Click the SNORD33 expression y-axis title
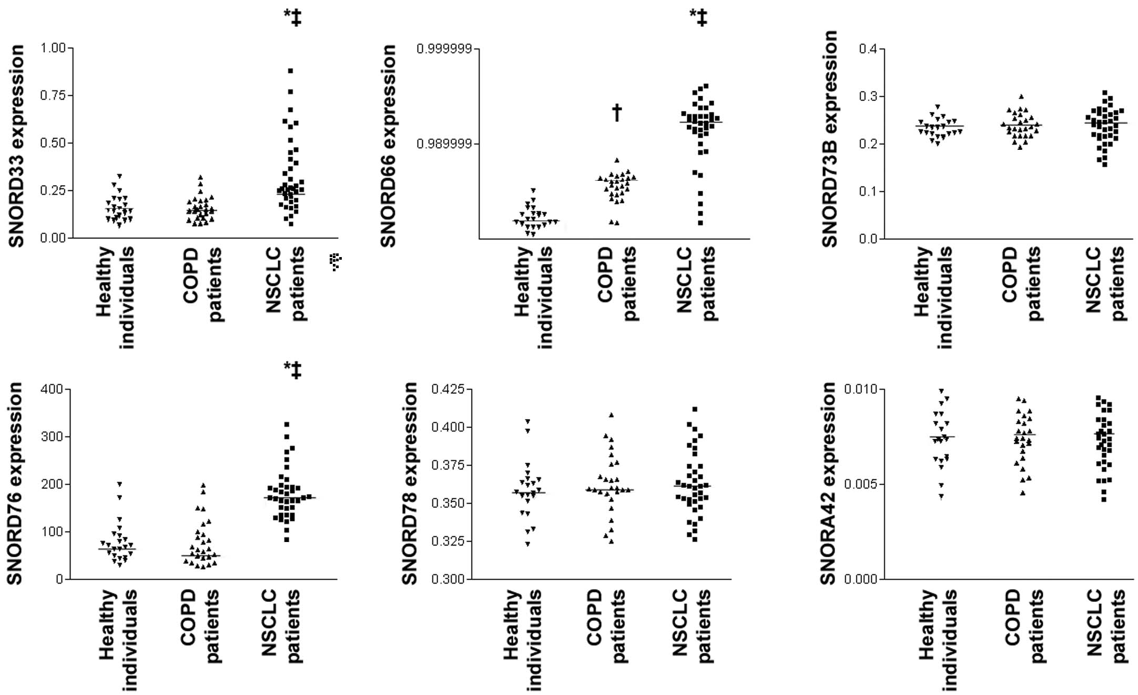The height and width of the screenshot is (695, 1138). [x=16, y=146]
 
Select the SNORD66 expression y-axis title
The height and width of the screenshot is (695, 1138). [x=388, y=146]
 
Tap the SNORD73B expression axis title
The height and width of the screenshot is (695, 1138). [x=829, y=139]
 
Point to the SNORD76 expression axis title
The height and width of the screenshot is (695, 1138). [x=14, y=483]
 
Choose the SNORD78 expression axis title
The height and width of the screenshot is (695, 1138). [x=409, y=483]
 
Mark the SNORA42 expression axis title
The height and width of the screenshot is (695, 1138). [x=828, y=483]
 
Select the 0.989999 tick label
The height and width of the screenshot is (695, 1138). [x=444, y=144]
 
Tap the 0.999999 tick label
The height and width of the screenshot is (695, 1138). [x=444, y=49]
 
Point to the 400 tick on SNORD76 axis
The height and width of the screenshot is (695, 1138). [x=52, y=389]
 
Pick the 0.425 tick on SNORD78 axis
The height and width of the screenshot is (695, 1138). [x=448, y=389]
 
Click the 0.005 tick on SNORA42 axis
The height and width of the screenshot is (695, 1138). [x=861, y=484]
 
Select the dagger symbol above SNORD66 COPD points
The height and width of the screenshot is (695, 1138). [x=617, y=113]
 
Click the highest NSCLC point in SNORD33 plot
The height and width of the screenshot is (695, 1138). [x=290, y=70]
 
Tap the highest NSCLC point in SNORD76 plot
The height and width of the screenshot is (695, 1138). [x=287, y=424]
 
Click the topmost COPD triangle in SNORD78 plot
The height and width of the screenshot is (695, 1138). [x=611, y=415]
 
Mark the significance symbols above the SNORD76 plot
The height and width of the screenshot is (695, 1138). [x=293, y=370]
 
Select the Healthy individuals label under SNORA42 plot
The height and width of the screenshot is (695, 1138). [x=937, y=639]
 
